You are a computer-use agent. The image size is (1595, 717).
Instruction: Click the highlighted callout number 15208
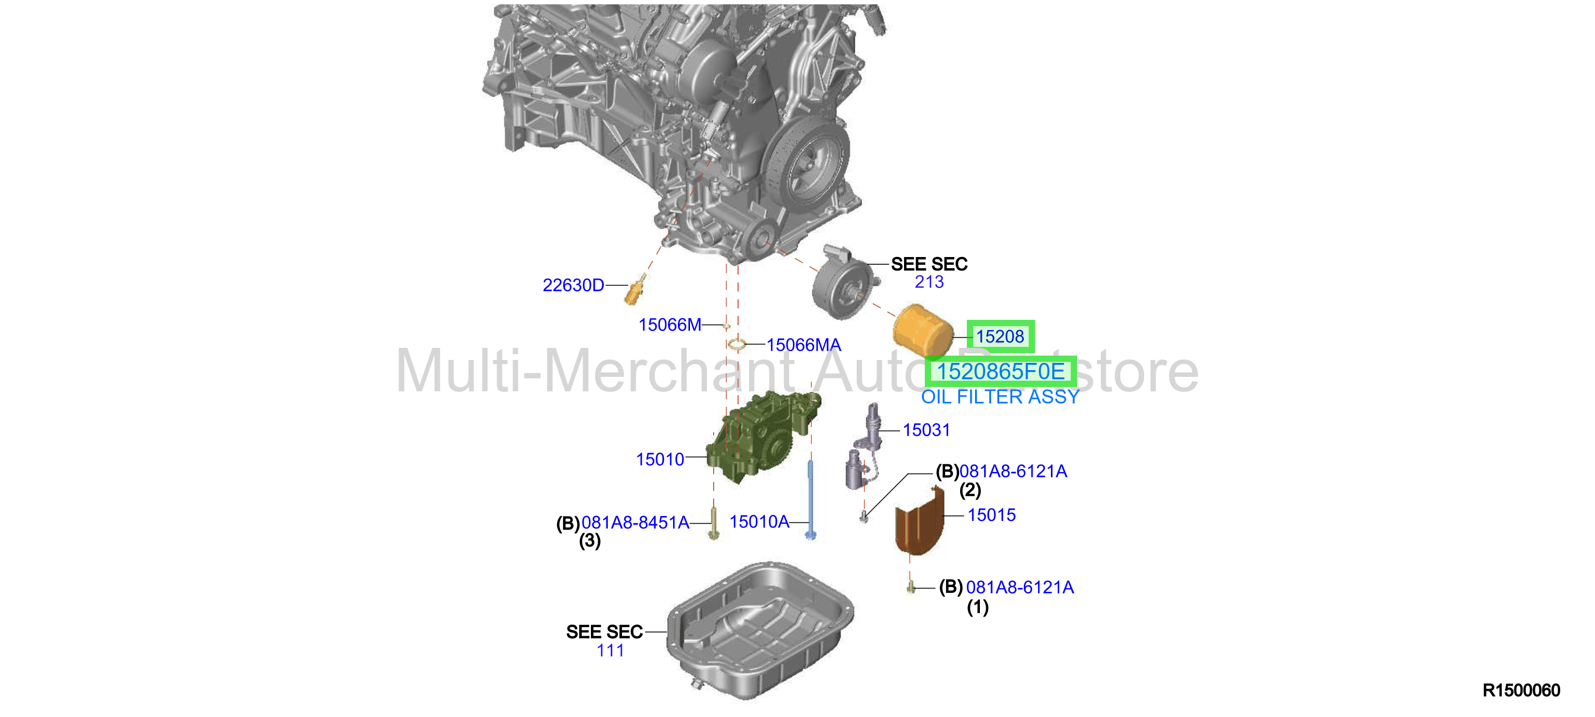coord(1000,336)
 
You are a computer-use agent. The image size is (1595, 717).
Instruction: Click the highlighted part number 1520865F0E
coord(1001,372)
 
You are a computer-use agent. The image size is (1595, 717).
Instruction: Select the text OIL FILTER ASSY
coord(1000,396)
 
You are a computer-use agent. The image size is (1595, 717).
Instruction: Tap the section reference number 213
coord(929,282)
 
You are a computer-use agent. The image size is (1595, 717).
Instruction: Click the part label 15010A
coord(759,521)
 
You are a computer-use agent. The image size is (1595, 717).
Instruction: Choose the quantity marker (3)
coord(589,541)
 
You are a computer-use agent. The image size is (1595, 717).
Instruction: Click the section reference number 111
coord(610,650)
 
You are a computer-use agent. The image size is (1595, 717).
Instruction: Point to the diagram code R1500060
coord(1522,690)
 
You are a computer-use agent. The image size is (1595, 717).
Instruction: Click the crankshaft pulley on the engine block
coord(805,166)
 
